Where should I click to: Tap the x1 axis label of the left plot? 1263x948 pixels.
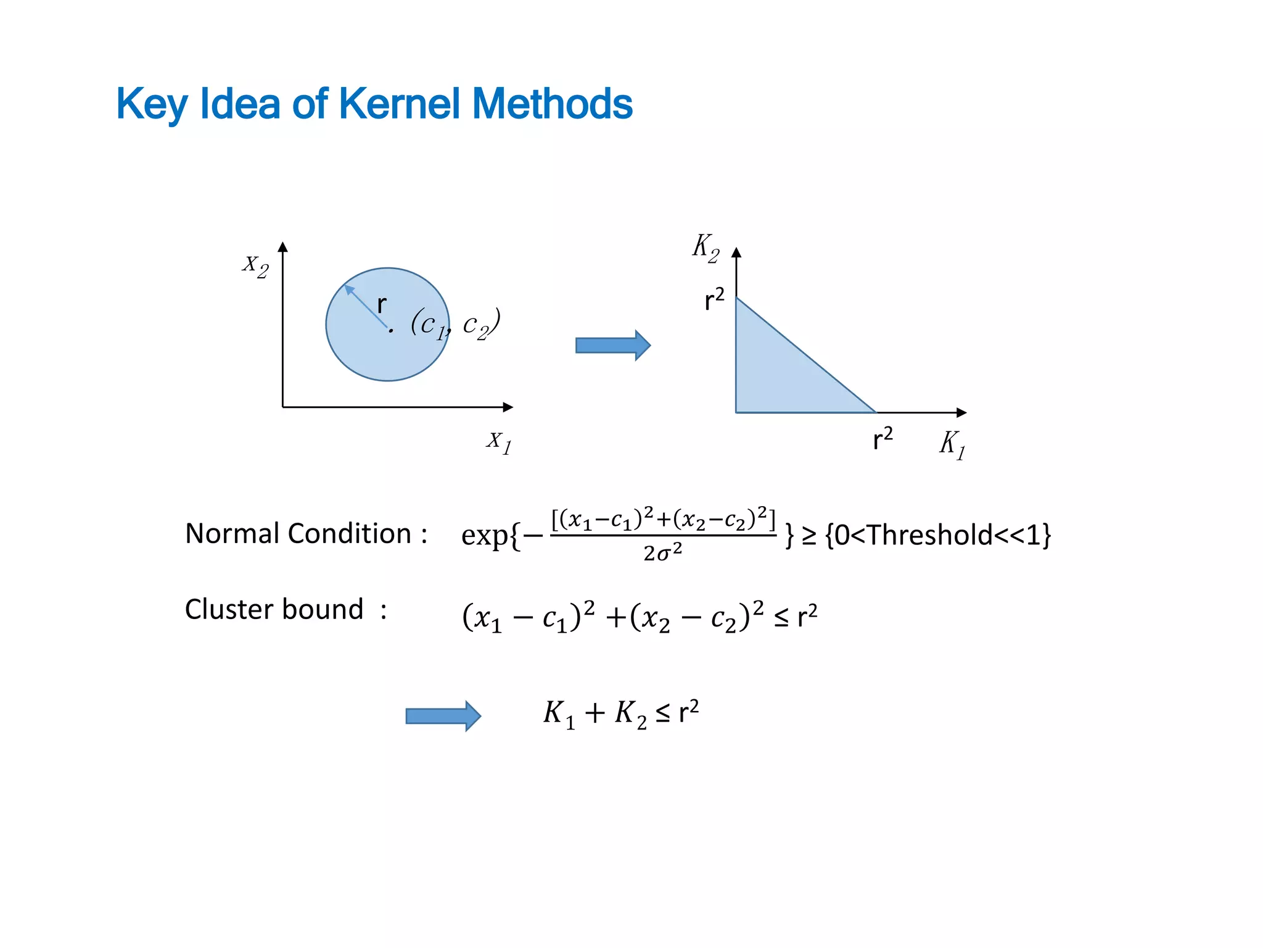[x=499, y=442]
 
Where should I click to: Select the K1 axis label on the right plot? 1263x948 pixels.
[x=952, y=444]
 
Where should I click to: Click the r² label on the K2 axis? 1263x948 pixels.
[x=714, y=299]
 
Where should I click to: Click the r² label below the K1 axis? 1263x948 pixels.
[x=882, y=439]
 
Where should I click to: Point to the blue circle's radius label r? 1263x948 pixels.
[x=382, y=304]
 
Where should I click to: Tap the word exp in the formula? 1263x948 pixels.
[x=485, y=535]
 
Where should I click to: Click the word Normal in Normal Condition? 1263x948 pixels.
[x=232, y=533]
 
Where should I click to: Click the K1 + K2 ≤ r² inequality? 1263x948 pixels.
[x=620, y=713]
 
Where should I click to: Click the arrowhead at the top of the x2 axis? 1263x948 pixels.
[x=283, y=247]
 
